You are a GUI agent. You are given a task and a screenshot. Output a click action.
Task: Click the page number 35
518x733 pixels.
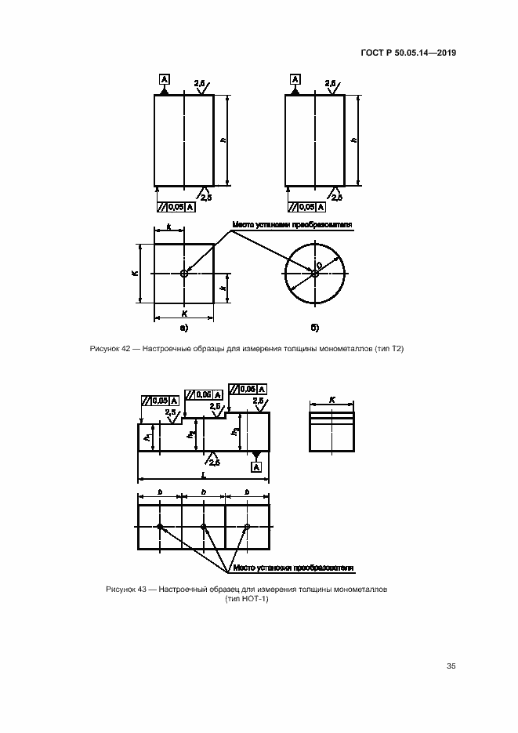click(x=451, y=666)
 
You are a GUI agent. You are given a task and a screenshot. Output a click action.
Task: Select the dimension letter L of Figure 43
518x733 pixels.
click(x=204, y=474)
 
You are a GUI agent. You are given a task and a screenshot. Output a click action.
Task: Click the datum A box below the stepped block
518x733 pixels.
click(x=255, y=467)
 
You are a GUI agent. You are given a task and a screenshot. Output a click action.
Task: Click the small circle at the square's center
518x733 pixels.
click(x=184, y=274)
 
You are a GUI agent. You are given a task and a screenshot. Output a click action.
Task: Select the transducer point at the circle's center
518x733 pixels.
click(x=314, y=274)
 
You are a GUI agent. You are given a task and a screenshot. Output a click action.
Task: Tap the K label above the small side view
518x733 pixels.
click(x=331, y=400)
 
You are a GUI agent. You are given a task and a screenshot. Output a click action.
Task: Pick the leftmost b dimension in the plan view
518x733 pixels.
click(x=160, y=492)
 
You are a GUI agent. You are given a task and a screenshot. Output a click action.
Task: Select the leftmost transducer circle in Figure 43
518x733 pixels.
click(x=160, y=527)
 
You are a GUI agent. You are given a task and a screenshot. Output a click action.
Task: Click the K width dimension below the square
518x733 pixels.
click(x=184, y=312)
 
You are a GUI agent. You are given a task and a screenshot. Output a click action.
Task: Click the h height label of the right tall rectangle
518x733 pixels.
click(x=354, y=140)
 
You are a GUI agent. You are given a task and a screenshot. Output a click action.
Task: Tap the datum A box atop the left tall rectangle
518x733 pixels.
click(x=165, y=79)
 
